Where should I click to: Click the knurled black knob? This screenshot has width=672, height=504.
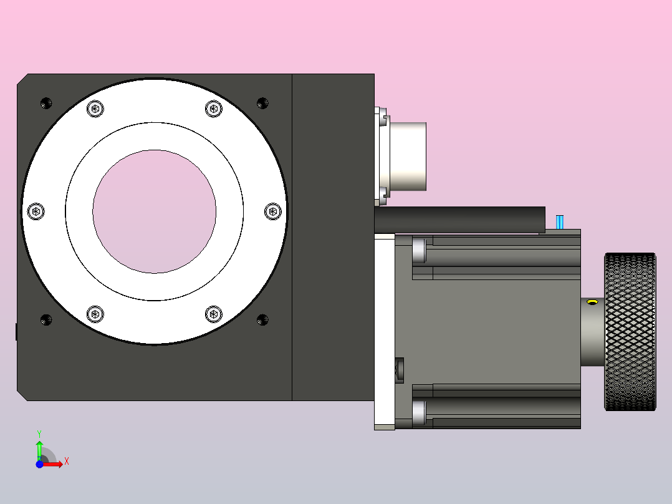630,332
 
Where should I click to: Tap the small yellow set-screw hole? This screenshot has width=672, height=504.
592,303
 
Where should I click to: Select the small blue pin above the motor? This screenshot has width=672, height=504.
560,222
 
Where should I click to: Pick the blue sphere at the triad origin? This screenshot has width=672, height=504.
39,464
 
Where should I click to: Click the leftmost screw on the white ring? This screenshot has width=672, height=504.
36,211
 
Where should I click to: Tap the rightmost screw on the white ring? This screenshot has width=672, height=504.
273,211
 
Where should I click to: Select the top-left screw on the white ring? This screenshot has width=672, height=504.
95,109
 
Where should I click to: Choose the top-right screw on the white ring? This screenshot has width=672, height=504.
213,109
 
